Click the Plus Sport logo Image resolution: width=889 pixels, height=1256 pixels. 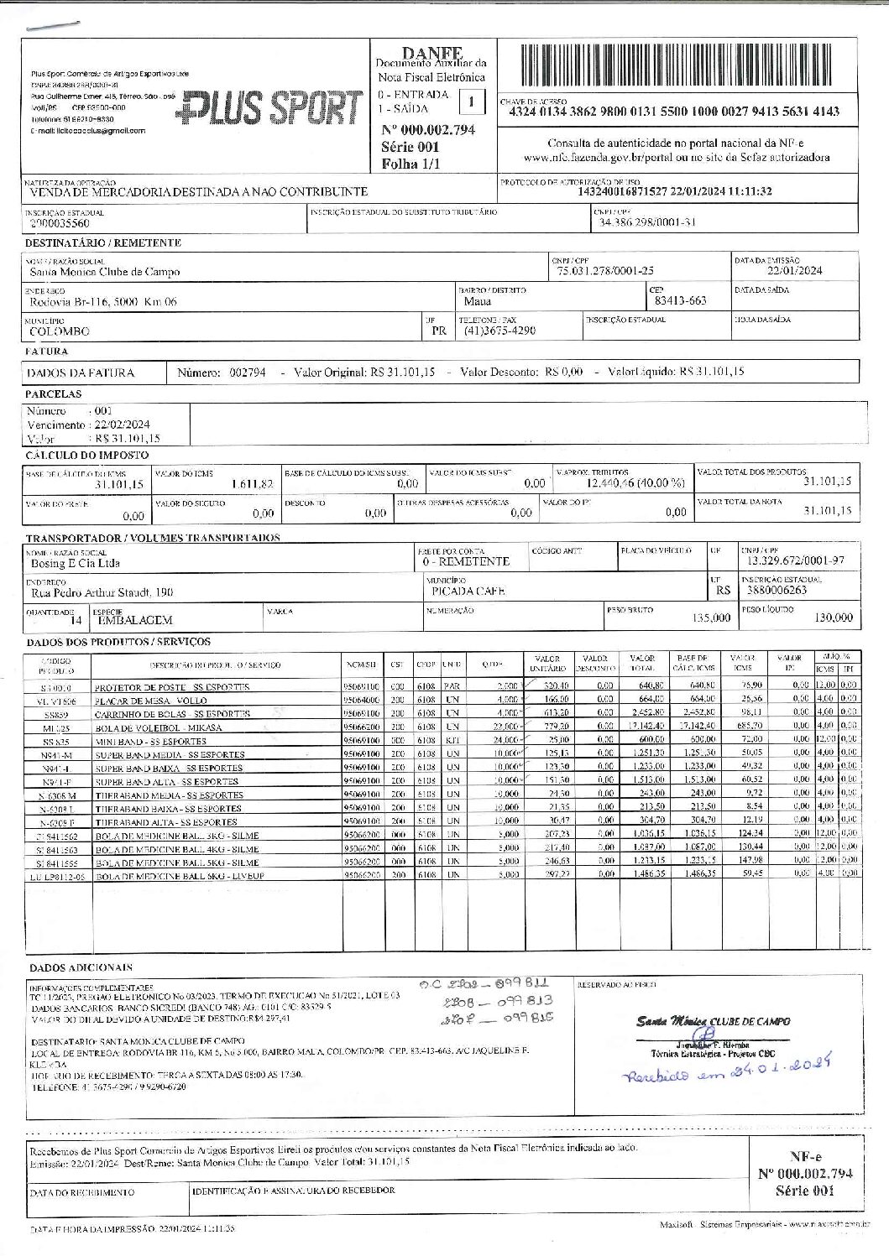pyautogui.click(x=274, y=107)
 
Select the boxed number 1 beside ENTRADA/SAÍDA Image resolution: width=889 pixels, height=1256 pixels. pyautogui.click(x=472, y=102)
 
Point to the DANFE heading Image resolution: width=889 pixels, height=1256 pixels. pyautogui.click(x=431, y=54)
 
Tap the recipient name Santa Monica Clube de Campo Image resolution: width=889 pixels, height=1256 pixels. pyautogui.click(x=105, y=272)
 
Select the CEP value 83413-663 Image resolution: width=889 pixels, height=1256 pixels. pyautogui.click(x=680, y=300)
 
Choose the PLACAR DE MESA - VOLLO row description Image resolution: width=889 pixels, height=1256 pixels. pyautogui.click(x=150, y=700)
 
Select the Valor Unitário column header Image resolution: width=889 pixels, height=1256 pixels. pyautogui.click(x=541, y=664)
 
